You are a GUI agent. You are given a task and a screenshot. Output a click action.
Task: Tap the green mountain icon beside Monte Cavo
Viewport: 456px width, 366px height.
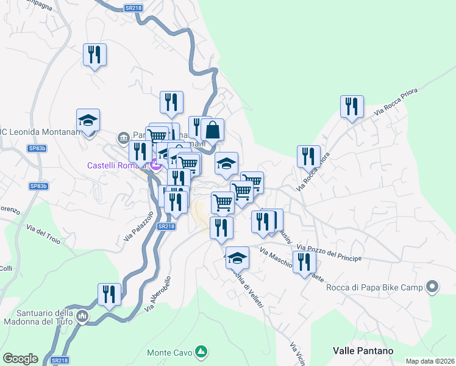(x=200, y=352)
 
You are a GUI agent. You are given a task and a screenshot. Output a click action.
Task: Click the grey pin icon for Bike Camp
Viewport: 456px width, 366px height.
(x=433, y=286)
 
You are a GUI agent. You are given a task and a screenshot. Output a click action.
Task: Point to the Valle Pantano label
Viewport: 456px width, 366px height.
(x=363, y=351)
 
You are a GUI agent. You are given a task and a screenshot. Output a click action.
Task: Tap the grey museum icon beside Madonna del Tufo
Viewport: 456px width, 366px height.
(x=84, y=317)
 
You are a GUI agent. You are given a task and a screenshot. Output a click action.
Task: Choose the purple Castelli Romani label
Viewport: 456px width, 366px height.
(x=115, y=165)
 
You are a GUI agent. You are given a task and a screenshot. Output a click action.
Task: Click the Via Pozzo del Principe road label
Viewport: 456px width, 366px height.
(x=329, y=253)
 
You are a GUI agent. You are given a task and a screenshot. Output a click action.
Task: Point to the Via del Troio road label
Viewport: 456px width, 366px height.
(x=43, y=234)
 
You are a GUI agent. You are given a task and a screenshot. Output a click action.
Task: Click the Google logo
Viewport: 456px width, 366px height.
(x=20, y=359)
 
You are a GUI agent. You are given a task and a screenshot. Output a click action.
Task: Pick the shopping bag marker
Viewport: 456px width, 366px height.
(x=213, y=130)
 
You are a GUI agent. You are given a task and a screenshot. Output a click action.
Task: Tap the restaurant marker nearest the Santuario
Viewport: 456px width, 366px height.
(x=109, y=295)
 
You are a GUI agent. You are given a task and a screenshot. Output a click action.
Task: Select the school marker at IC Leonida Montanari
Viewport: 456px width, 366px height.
(x=88, y=120)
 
